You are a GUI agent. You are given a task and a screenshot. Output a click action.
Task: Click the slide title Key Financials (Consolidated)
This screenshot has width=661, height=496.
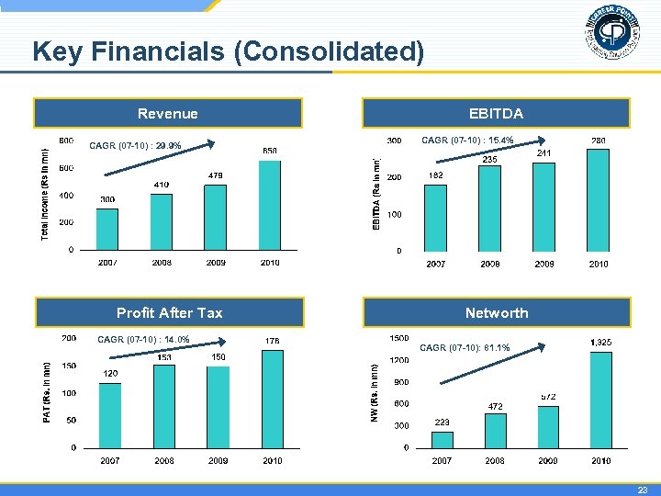(x=228, y=52)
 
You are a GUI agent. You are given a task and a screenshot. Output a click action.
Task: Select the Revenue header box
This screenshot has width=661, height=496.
(x=168, y=114)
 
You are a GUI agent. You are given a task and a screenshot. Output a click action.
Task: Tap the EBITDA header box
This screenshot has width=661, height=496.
(x=496, y=114)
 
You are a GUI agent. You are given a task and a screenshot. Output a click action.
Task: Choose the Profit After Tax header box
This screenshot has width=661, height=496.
(x=169, y=313)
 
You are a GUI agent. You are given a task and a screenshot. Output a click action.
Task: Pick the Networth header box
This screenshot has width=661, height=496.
(x=496, y=313)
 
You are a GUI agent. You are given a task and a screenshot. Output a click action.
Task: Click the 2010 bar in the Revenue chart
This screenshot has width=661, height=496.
(x=269, y=205)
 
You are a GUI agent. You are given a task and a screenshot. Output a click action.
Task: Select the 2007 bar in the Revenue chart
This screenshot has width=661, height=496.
(x=107, y=229)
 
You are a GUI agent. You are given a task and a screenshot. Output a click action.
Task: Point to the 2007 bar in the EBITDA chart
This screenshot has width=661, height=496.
(x=435, y=218)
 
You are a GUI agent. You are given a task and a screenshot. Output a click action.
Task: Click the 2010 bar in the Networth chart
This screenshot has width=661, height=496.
(x=601, y=400)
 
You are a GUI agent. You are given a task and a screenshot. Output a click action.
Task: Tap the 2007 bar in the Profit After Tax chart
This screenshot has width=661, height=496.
(x=110, y=415)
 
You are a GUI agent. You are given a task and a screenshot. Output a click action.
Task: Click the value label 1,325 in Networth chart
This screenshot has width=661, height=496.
(x=601, y=343)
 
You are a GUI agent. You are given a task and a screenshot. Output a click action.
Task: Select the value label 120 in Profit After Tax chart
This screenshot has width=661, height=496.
(x=110, y=373)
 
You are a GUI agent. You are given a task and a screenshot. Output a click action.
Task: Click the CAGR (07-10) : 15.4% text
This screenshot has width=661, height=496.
(x=467, y=141)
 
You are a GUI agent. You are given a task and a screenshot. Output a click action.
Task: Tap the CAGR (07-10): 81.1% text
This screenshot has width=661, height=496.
(x=465, y=348)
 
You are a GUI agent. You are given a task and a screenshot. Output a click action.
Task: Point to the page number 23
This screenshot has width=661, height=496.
(x=644, y=490)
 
